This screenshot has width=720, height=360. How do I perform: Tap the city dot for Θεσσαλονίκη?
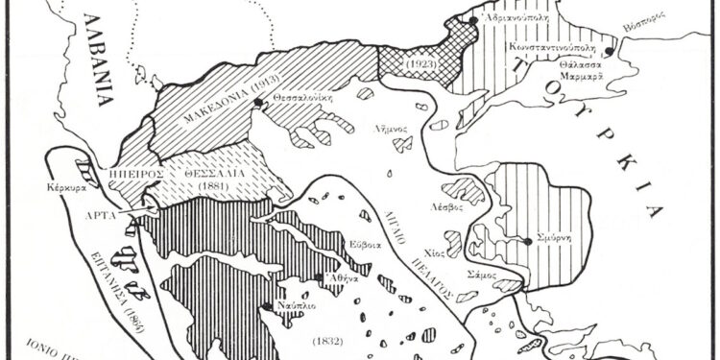point(258,101)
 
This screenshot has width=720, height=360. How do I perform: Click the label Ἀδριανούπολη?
point(522,16)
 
